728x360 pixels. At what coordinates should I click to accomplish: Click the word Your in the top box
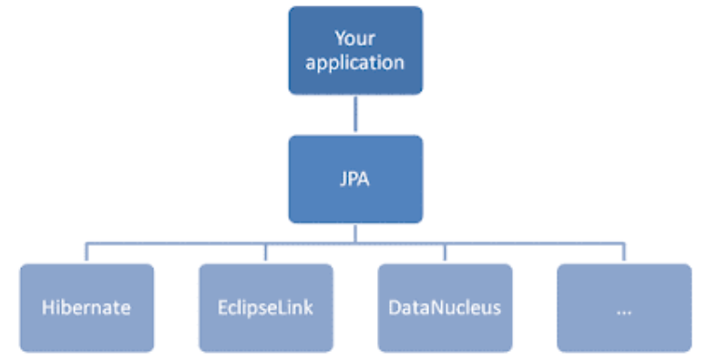coord(355,38)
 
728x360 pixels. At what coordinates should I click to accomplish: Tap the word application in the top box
coord(355,63)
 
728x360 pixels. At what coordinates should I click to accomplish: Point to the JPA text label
coord(355,180)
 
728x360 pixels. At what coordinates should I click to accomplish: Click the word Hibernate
coord(87,307)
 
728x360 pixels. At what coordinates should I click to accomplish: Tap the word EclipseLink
coord(266,307)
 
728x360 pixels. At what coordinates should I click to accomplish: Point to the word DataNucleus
coord(445,307)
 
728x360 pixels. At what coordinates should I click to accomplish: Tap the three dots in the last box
coord(624,310)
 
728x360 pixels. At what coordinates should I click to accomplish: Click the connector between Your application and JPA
coord(355,115)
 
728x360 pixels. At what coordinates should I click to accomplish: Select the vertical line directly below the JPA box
coord(355,233)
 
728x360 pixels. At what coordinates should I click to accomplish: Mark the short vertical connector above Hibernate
coord(87,253)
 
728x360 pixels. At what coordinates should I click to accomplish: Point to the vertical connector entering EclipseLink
coord(266,253)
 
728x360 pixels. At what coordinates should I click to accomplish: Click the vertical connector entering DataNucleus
coord(445,253)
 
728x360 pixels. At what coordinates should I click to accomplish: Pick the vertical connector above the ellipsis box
coord(624,253)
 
